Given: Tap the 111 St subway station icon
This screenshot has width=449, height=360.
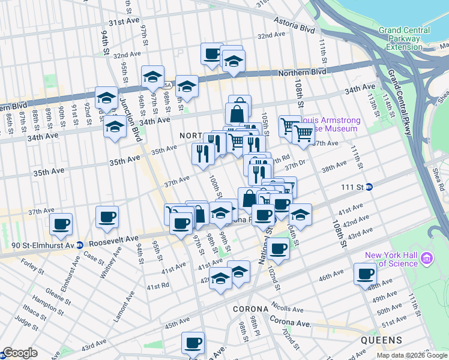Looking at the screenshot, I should click(x=370, y=187).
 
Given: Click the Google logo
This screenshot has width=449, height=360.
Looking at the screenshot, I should click(x=20, y=353).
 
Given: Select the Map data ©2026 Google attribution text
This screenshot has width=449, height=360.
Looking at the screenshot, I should click(x=411, y=355).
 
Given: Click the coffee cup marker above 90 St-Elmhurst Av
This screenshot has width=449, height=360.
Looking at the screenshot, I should click(x=61, y=224).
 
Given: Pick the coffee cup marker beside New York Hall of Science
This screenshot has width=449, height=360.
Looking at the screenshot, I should click(x=365, y=274).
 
